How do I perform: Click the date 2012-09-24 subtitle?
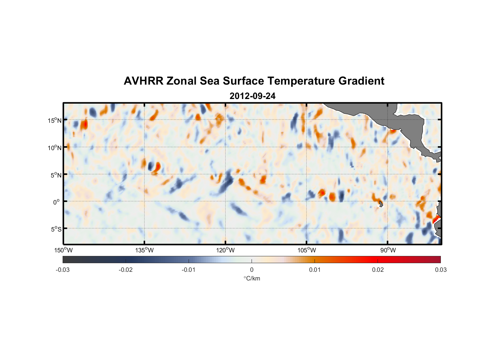click(x=253, y=96)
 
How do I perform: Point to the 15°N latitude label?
click(x=55, y=120)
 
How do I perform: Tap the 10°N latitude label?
click(x=55, y=148)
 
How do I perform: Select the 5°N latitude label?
click(x=56, y=175)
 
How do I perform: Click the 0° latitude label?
click(x=57, y=202)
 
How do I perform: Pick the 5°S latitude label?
click(x=56, y=229)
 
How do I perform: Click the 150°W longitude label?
click(x=63, y=250)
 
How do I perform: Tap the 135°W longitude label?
click(x=144, y=250)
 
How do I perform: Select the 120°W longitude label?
click(x=226, y=250)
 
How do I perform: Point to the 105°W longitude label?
click(x=307, y=250)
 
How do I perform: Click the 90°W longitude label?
click(x=388, y=250)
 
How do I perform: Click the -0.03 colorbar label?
click(x=63, y=270)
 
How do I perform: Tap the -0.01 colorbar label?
click(x=189, y=270)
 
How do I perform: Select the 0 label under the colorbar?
click(x=252, y=270)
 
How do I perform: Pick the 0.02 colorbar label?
click(x=378, y=270)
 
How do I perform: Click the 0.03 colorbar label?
click(x=440, y=270)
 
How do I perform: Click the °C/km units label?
click(x=252, y=278)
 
